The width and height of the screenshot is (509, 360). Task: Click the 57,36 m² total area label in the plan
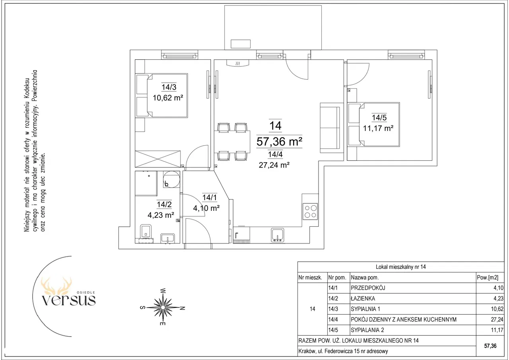point(279,142)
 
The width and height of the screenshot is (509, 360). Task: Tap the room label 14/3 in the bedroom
point(169,87)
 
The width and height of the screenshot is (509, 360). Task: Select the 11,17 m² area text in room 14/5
point(378,128)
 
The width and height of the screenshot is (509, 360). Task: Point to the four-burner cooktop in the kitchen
point(310,212)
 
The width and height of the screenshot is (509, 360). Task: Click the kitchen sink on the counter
point(278,235)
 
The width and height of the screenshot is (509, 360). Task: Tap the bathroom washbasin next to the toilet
point(167,238)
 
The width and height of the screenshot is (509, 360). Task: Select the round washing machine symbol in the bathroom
point(171,179)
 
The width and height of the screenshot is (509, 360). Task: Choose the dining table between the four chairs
point(232,142)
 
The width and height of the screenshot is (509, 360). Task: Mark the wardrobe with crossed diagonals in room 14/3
point(158,159)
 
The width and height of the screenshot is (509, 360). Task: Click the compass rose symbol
point(163,307)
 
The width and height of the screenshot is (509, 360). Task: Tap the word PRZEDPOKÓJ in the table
point(368,288)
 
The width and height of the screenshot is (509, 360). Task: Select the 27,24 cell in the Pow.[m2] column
point(497,319)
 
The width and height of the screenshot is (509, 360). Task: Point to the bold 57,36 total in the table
point(490,346)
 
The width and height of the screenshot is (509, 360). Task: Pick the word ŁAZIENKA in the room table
point(363,298)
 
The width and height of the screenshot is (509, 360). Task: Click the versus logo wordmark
point(68,300)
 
